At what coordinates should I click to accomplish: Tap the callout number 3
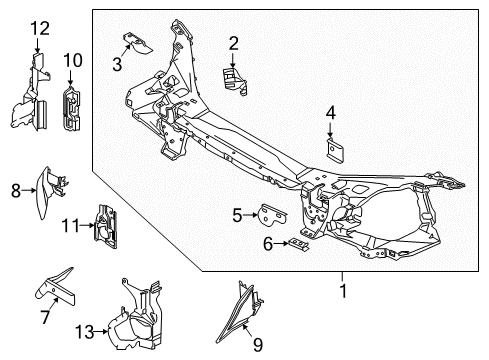117,66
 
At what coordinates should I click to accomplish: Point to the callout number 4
330,115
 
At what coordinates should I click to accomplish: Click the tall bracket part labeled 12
32,100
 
